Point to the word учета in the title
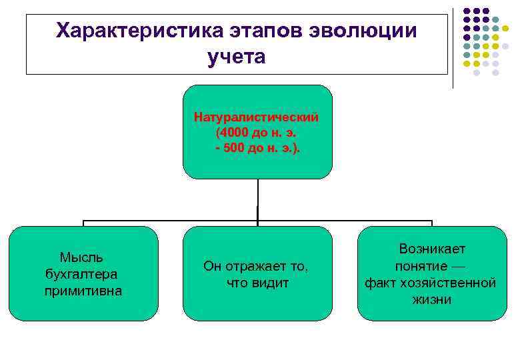pos(236,57)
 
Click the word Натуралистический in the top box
pos(257,117)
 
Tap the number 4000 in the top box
pos(236,132)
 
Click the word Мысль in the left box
pos(81,257)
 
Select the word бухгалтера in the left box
pos(81,274)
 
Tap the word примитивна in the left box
pos(83,291)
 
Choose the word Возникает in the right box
pos(432,249)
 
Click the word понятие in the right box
pos(421,266)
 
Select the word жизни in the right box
pos(432,299)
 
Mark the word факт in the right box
pos(381,283)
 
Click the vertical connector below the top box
pos(257,200)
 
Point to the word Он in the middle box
pos(212,266)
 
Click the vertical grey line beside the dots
pos(453,47)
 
